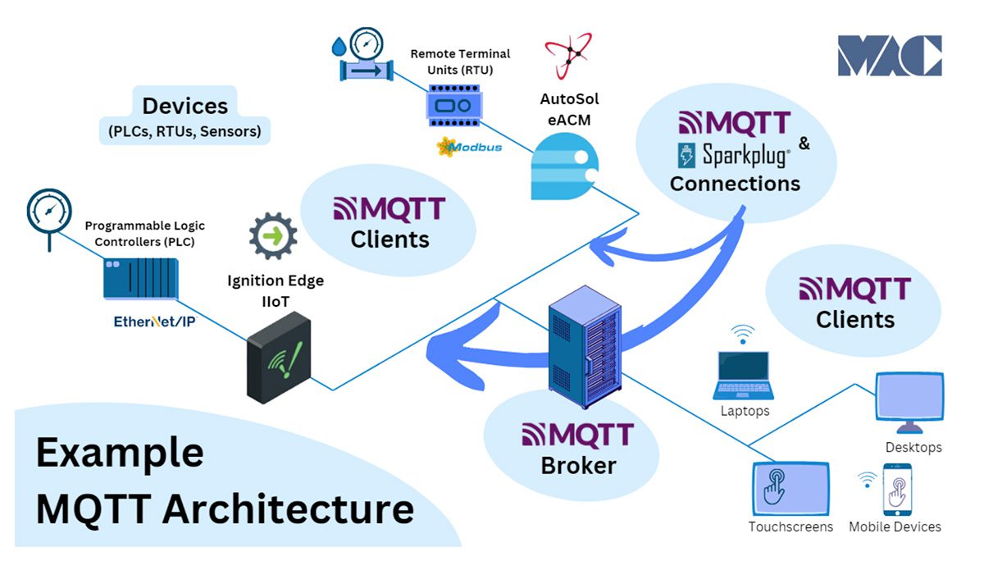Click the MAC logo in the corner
click(x=889, y=56)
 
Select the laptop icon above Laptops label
click(x=743, y=374)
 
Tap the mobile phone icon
click(x=898, y=490)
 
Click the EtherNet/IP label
click(x=154, y=322)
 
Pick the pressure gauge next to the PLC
click(x=48, y=212)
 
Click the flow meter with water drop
click(x=362, y=57)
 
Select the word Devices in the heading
click(x=184, y=106)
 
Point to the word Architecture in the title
click(x=288, y=509)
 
